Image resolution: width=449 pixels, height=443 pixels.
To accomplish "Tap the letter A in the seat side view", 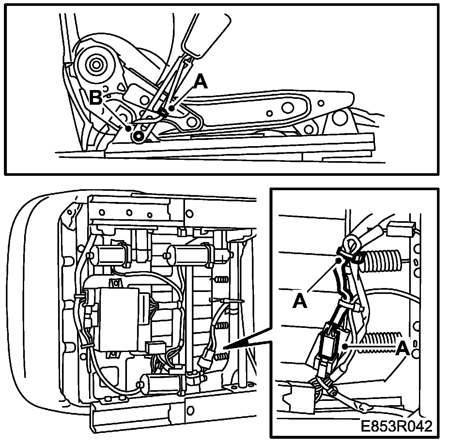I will point(200,82).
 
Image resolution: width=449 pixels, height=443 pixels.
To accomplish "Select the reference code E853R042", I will point(396,426).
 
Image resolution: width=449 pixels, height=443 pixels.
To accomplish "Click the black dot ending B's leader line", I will point(129,128).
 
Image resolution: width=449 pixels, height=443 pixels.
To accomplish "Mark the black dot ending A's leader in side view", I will point(171,108).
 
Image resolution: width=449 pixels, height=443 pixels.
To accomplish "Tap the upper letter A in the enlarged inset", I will point(300,301).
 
